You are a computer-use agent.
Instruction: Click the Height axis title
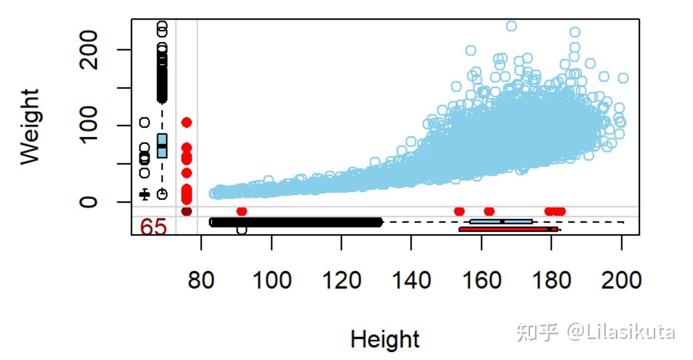click(x=385, y=339)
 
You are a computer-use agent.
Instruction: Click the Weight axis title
click(x=30, y=127)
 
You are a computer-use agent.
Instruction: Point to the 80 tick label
click(x=201, y=280)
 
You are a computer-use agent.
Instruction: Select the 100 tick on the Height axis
click(x=271, y=280)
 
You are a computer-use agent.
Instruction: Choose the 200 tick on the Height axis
click(x=621, y=280)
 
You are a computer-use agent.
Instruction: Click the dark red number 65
click(x=154, y=227)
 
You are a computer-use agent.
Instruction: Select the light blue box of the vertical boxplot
click(x=162, y=146)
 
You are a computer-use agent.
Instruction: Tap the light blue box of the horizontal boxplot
click(x=501, y=222)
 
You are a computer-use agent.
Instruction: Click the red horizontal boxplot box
click(x=506, y=229)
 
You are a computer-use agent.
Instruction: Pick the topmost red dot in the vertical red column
click(x=186, y=123)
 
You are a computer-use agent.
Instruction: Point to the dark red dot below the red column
click(x=186, y=211)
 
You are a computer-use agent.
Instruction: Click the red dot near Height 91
click(x=242, y=211)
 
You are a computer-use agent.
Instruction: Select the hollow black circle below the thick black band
click(x=242, y=230)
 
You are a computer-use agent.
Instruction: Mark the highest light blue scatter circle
click(x=511, y=26)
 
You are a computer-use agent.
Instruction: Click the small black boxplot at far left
click(x=145, y=194)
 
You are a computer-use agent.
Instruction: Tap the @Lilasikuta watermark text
click(x=621, y=332)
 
